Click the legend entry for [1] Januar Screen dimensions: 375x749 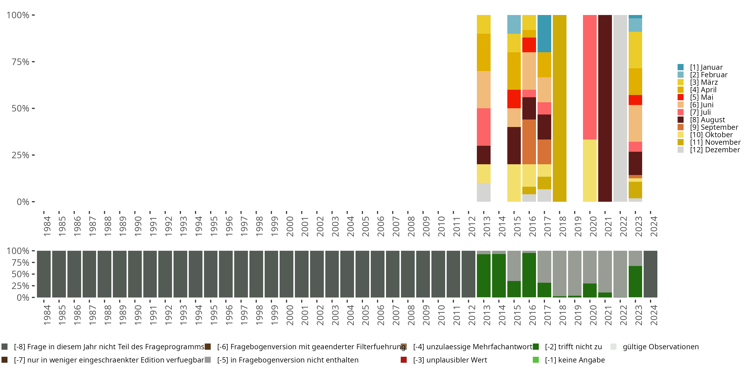[x=706, y=67]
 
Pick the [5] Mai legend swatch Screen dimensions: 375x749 [x=680, y=97]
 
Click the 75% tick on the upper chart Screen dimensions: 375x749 [x=20, y=62]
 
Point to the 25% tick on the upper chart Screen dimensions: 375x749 [x=20, y=155]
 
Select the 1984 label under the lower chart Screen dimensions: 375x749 [x=47, y=315]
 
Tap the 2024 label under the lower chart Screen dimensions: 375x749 [x=653, y=315]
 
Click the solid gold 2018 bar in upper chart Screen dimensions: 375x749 [x=560, y=108]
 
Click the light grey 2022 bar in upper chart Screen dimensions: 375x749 [x=620, y=108]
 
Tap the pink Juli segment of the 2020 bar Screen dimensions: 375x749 [x=590, y=77]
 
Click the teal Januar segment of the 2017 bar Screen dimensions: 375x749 [x=544, y=33]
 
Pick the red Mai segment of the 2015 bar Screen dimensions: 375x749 [x=514, y=99]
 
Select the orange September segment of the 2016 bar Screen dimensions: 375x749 [x=529, y=142]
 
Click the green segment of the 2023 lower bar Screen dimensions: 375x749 [x=635, y=281]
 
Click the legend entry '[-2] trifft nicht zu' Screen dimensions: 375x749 [x=573, y=347]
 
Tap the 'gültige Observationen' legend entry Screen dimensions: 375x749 [x=660, y=347]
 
